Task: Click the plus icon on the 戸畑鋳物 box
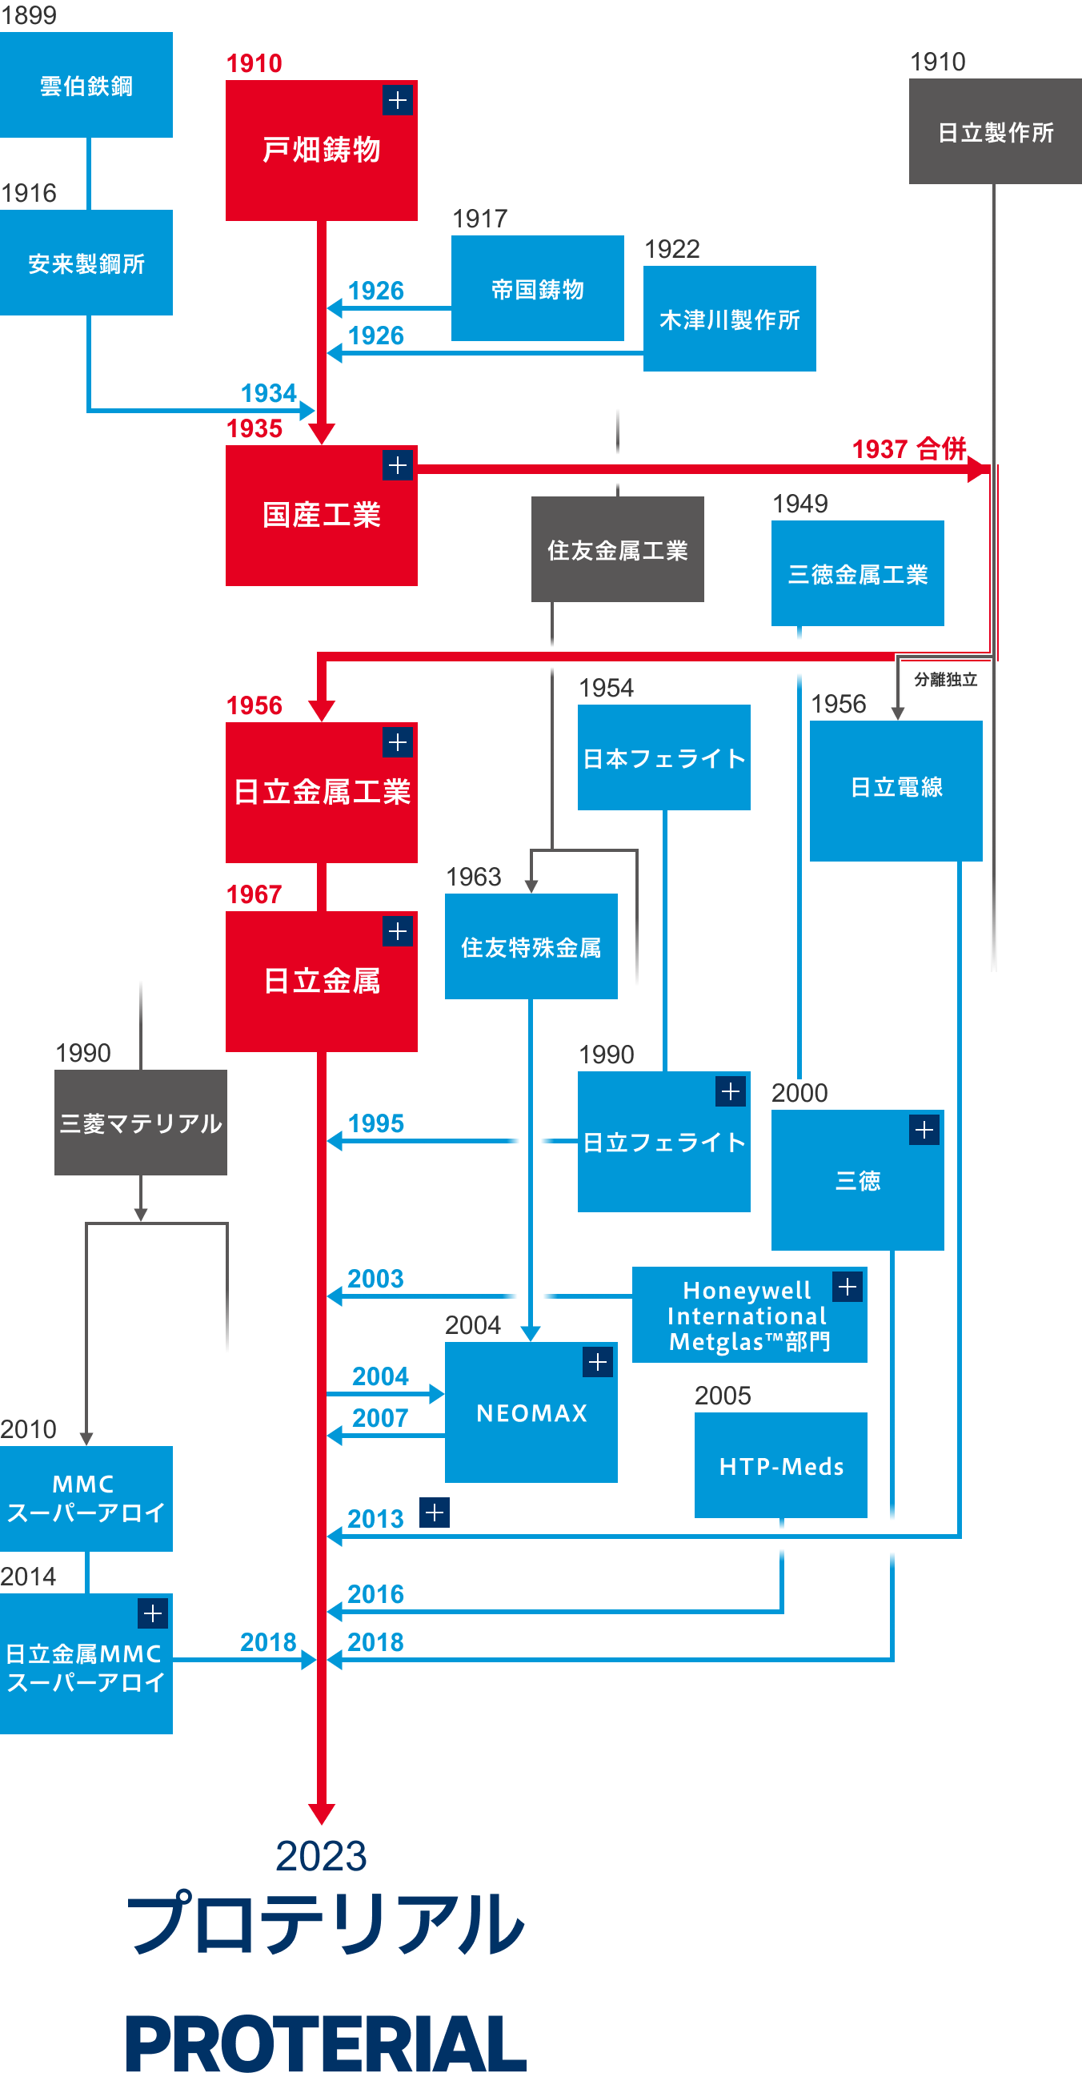click(x=398, y=101)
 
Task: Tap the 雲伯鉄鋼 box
click(x=86, y=86)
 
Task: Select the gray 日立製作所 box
click(x=995, y=132)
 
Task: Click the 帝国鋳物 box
click(x=537, y=289)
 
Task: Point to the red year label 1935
click(x=254, y=429)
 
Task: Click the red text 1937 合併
click(x=909, y=449)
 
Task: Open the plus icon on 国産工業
click(x=398, y=465)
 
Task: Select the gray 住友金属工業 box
click(x=617, y=549)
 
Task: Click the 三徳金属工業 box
click(x=858, y=574)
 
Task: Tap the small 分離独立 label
click(x=945, y=680)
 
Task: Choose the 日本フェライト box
click(x=663, y=758)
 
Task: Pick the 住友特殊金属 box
click(x=531, y=947)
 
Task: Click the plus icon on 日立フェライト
click(x=731, y=1092)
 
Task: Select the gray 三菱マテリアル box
click(x=141, y=1123)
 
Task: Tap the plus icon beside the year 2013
click(x=435, y=1513)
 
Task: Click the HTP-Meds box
click(x=781, y=1466)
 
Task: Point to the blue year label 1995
click(x=375, y=1123)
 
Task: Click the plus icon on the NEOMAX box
click(x=598, y=1363)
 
